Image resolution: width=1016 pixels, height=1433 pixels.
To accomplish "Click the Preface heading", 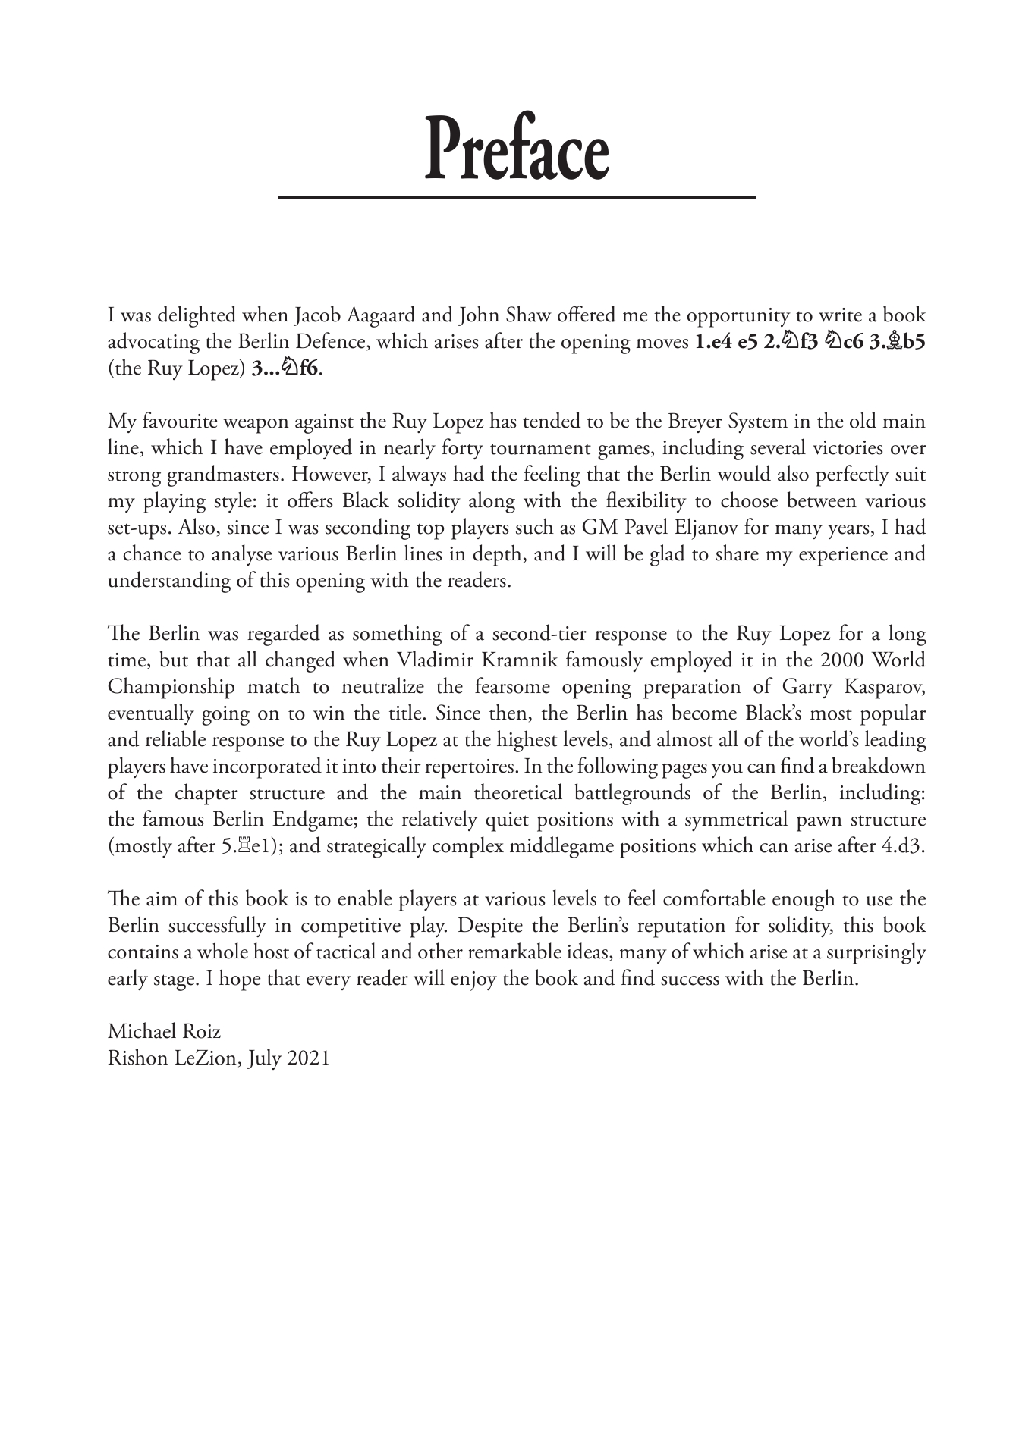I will [516, 149].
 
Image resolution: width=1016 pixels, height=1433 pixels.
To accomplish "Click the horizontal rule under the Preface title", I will [516, 198].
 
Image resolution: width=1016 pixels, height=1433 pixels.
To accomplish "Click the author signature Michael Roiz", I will [165, 1031].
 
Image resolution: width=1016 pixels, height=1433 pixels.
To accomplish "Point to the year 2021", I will [308, 1058].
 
